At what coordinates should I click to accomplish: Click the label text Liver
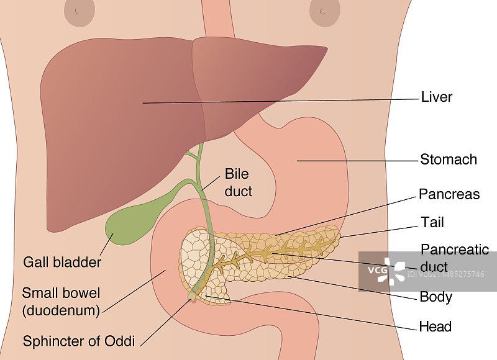tap(436, 97)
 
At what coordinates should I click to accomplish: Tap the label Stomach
tap(449, 160)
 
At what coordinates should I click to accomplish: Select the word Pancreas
tap(449, 194)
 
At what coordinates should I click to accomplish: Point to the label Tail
tap(432, 222)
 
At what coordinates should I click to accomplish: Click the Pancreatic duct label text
tap(455, 258)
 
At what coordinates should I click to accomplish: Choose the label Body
tap(435, 297)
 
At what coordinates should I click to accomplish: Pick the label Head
tap(435, 326)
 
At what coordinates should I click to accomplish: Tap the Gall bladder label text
tap(62, 263)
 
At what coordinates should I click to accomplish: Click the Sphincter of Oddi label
tap(79, 341)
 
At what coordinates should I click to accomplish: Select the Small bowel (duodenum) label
tap(61, 301)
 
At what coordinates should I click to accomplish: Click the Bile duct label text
tap(239, 182)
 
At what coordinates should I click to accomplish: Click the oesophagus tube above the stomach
tap(217, 19)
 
